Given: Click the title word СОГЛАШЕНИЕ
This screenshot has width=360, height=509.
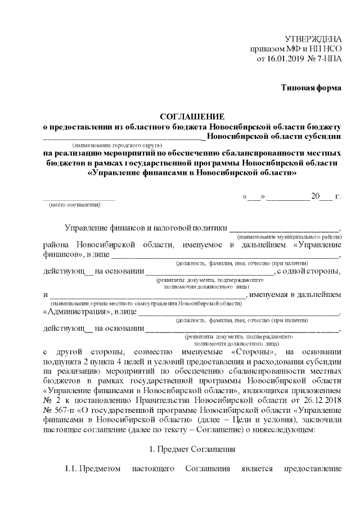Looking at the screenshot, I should (x=192, y=116).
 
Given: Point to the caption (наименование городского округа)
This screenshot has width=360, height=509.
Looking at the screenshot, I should (x=117, y=145).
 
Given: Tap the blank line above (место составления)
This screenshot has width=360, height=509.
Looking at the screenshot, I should (x=79, y=198).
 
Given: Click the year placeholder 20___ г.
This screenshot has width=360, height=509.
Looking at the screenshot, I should (x=326, y=196).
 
